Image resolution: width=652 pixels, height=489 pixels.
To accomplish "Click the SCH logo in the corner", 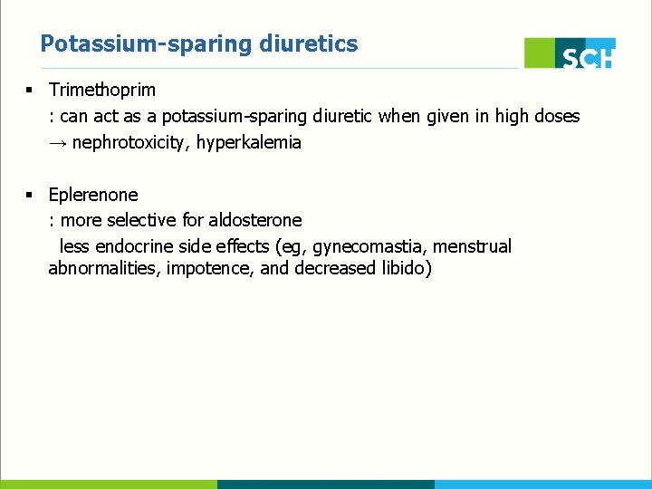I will click(570, 53).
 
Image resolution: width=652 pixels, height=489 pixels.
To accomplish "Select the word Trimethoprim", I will click(102, 90).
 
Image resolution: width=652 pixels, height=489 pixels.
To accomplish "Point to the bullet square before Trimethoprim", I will click(30, 90).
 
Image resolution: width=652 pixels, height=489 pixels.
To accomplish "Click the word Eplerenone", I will click(93, 194).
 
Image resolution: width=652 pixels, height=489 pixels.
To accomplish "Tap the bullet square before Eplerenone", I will click(30, 194).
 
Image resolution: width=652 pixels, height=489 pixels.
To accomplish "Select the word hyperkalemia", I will click(254, 142).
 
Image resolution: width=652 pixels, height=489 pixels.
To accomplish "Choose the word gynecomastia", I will click(370, 246).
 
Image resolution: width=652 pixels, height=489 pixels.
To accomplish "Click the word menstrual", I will click(473, 246).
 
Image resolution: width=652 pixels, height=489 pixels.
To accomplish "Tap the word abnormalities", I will click(104, 269).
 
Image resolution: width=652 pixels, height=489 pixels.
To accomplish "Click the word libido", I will click(407, 269).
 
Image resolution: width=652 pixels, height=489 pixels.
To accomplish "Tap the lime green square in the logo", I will click(540, 53).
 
